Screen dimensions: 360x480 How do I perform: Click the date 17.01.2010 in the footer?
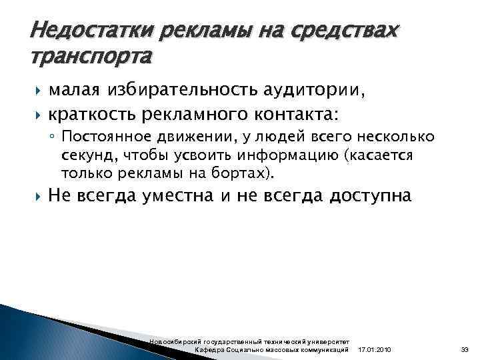375,350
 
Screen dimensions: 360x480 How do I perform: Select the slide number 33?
465,350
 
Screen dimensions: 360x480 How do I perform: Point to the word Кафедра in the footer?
209,350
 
